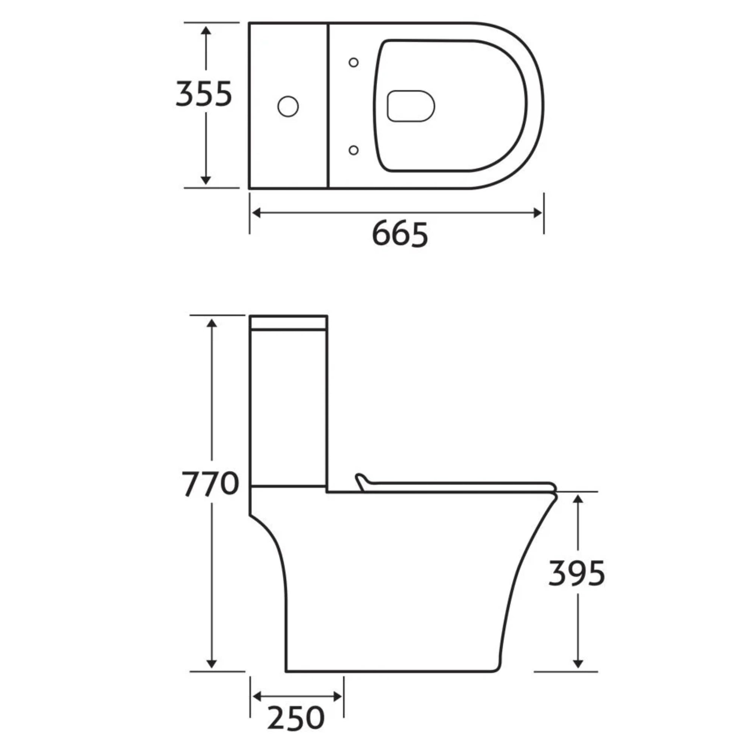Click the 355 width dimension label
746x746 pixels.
pos(204,94)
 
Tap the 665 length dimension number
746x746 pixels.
pos(400,234)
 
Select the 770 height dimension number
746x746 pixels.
pos(210,484)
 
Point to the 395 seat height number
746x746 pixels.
pos(577,573)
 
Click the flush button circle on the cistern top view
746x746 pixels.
pos(288,106)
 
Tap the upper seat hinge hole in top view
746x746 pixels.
pos(353,62)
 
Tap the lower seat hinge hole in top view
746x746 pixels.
pos(353,150)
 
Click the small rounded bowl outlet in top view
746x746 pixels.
pos(411,106)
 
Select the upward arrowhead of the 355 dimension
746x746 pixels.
pos(206,31)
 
